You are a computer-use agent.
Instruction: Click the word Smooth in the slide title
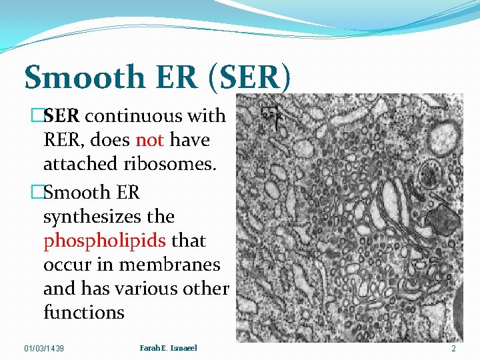tap(73, 77)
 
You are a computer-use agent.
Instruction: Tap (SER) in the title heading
tap(249, 77)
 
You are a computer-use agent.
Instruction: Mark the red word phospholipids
tap(105, 241)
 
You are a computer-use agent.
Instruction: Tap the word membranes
tap(169, 265)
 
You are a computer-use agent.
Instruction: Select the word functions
tap(83, 313)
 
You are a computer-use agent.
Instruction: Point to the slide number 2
tap(453, 349)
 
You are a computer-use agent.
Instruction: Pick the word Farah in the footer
tap(151, 348)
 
